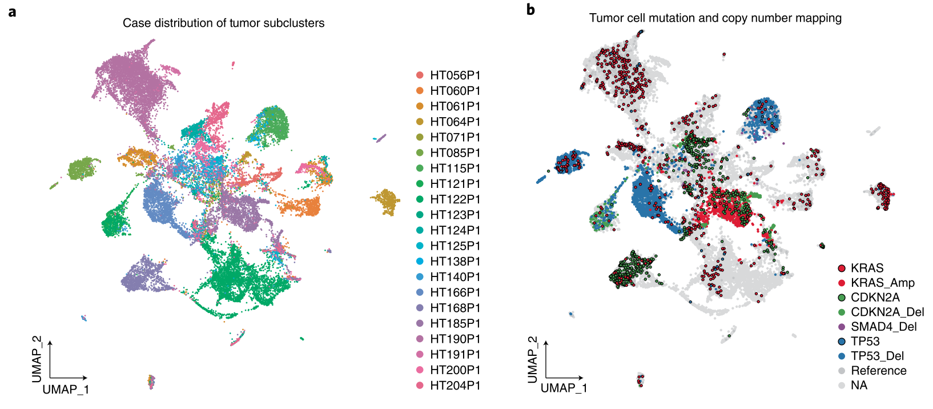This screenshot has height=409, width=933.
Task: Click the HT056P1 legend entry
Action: tap(455, 75)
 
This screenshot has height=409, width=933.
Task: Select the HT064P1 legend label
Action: tap(455, 122)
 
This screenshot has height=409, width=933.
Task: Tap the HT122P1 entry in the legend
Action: tap(455, 199)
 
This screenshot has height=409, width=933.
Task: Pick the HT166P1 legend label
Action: tap(455, 292)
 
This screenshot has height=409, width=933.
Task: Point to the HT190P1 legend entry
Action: tap(455, 339)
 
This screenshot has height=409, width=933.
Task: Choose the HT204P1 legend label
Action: tap(455, 386)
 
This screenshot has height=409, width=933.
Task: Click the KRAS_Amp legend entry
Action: tap(882, 283)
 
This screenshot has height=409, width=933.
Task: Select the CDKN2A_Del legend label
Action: tap(887, 312)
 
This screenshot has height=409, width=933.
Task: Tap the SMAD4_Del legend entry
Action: tap(883, 327)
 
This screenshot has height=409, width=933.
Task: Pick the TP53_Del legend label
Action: tap(877, 356)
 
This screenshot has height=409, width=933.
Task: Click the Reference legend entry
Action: tap(878, 371)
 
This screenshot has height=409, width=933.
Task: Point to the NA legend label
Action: tap(859, 386)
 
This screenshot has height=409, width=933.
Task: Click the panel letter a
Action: tap(12, 11)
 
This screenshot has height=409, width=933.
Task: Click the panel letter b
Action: tap(530, 10)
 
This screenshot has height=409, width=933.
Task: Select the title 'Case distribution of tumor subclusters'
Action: tap(223, 23)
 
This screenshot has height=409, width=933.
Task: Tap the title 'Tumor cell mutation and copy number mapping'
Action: tap(715, 18)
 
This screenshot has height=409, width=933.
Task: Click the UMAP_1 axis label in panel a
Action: tap(66, 390)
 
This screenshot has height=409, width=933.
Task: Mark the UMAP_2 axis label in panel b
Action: tap(532, 359)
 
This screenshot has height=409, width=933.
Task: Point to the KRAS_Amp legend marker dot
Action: tap(841, 283)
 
